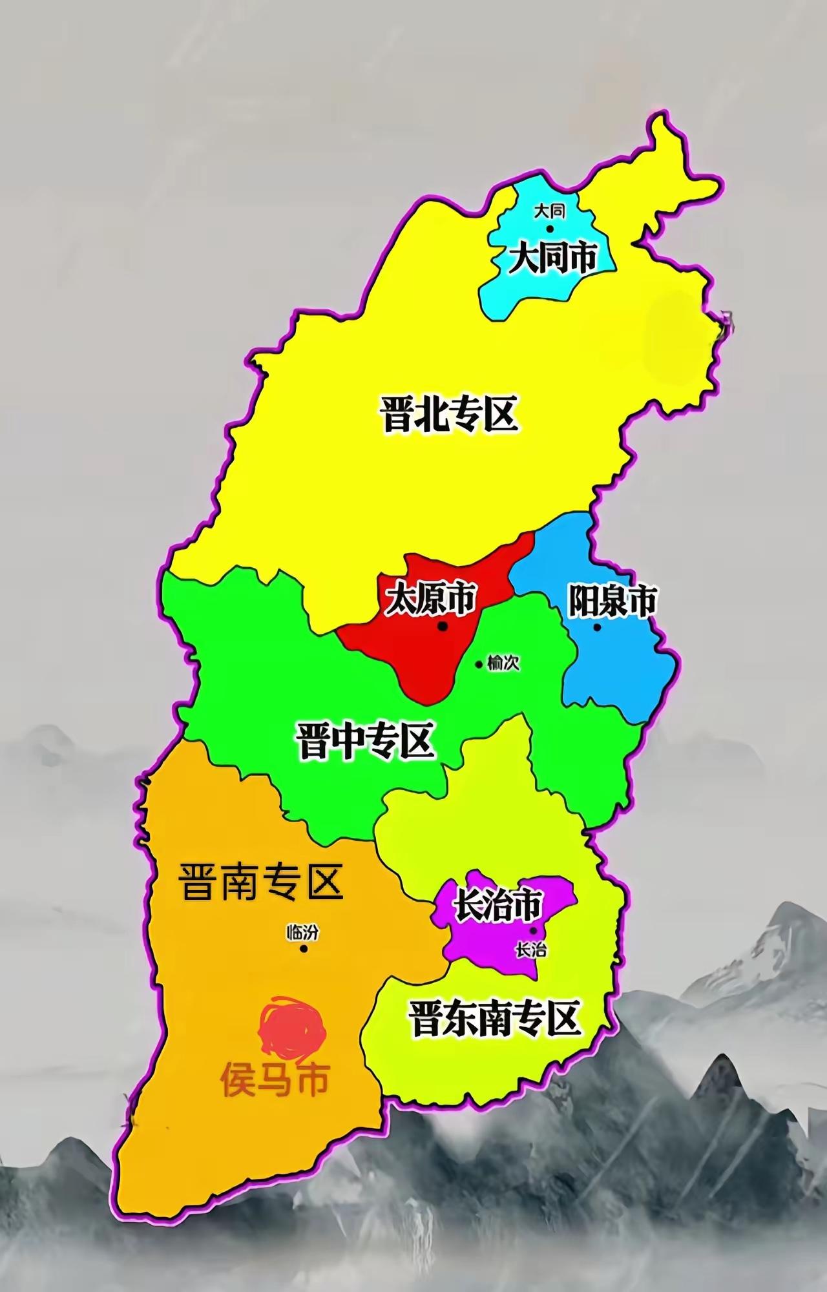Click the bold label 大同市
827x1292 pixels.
coord(553,258)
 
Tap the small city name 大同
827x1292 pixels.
coord(549,211)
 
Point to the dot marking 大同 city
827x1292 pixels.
coord(550,229)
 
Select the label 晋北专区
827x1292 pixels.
coord(450,415)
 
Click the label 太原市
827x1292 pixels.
coord(430,599)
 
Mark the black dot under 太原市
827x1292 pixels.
coord(443,626)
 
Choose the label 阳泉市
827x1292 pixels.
coord(612,601)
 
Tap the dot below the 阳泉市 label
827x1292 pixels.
coord(597,627)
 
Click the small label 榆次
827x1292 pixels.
coord(504,663)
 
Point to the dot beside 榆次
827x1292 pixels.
coord(479,664)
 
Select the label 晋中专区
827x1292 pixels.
coord(365,741)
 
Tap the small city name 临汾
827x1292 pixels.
coord(303,932)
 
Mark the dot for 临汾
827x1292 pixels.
coord(303,949)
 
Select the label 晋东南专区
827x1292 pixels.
coord(494,1019)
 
